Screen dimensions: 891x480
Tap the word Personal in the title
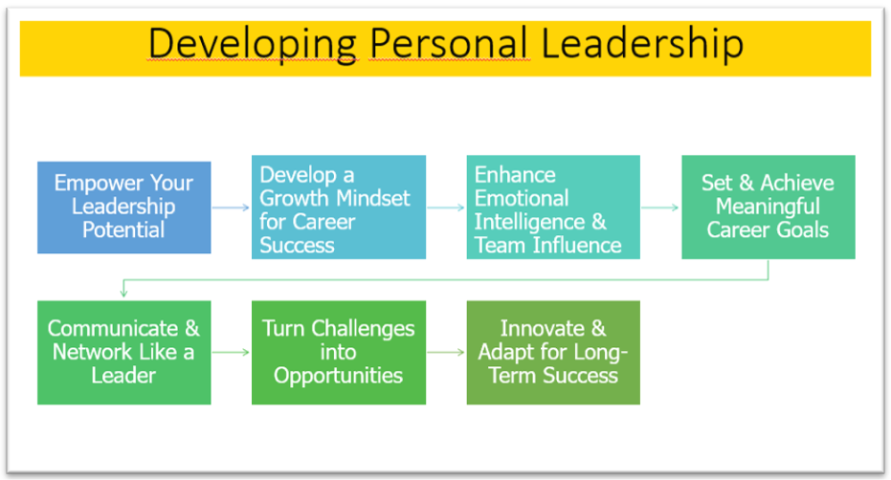[450, 43]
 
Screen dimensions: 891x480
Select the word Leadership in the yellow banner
[642, 43]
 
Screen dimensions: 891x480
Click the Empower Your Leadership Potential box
[123, 207]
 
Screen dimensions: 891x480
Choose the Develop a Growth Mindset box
[339, 207]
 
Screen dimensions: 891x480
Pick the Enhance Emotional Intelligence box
[553, 207]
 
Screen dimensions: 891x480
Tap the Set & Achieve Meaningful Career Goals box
[768, 207]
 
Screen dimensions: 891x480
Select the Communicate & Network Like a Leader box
[123, 353]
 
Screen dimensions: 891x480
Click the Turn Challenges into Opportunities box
[339, 353]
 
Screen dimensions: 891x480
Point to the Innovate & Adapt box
[553, 353]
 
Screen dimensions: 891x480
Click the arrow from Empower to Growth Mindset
[231, 207]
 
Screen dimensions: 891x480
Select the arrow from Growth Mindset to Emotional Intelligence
[446, 207]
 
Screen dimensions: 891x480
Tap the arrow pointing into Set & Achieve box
[660, 207]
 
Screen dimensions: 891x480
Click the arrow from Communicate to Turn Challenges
[231, 353]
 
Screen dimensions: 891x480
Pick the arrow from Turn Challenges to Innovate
[446, 353]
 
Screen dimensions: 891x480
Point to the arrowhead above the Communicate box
[123, 294]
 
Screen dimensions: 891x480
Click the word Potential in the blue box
[123, 230]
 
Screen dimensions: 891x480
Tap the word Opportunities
[338, 377]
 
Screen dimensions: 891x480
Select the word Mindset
[372, 198]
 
